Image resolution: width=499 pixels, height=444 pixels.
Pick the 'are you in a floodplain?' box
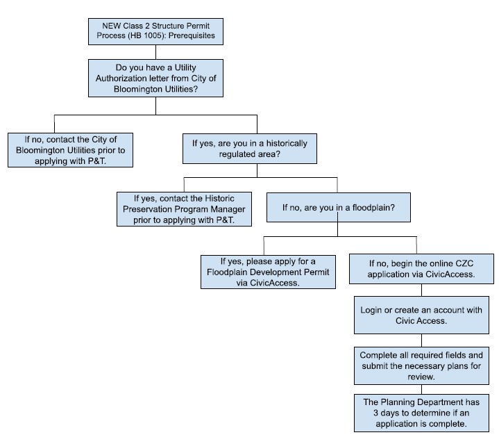tap(337, 207)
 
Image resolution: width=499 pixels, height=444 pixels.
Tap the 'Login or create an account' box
tap(421, 314)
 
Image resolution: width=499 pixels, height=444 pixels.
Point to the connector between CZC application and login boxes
tap(421, 291)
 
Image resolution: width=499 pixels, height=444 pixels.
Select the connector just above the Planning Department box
tap(421, 390)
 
